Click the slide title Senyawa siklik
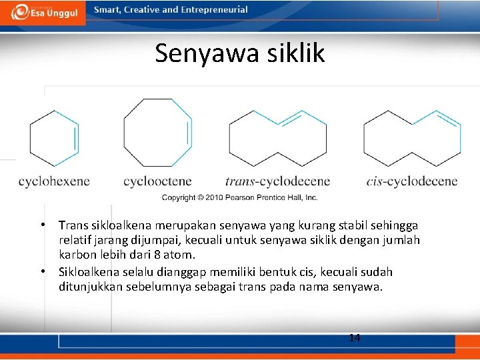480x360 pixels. pyautogui.click(x=239, y=53)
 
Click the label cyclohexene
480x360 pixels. pyautogui.click(x=54, y=181)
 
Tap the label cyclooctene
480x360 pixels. pyautogui.click(x=157, y=181)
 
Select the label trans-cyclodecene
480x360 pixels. pyautogui.click(x=277, y=181)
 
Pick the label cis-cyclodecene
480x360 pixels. pyautogui.click(x=412, y=181)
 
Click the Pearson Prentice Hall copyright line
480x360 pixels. pyautogui.click(x=240, y=197)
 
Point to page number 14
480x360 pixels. pyautogui.click(x=355, y=338)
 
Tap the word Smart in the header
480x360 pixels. pyautogui.click(x=107, y=10)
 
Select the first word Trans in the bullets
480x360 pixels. pyautogui.click(x=73, y=225)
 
